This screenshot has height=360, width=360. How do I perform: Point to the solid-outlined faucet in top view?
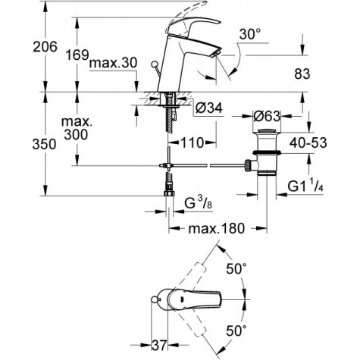182,302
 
